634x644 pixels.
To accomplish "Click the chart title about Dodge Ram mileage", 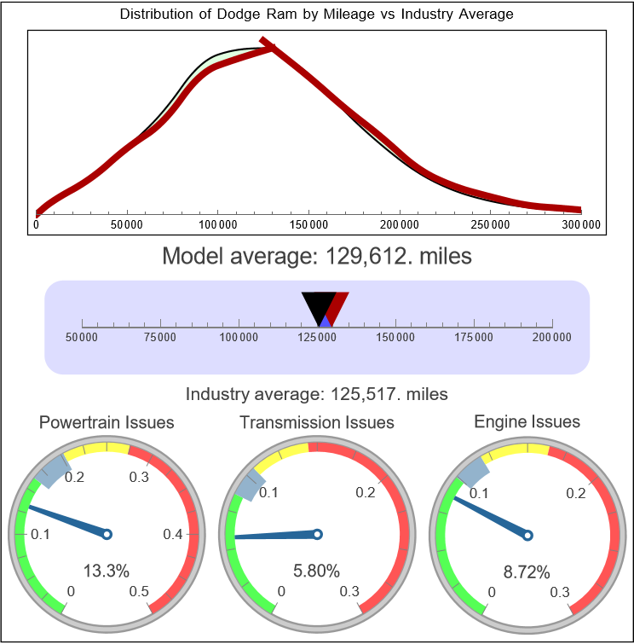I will coord(316,15).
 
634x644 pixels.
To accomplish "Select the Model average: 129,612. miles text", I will coord(316,255).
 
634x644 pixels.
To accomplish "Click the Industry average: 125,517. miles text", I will coord(316,394).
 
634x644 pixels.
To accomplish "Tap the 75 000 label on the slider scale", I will coord(160,338).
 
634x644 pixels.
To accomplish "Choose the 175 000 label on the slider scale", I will coord(474,338).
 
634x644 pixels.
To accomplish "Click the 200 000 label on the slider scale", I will coord(552,338).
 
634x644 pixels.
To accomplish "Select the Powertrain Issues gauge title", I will coord(107,422).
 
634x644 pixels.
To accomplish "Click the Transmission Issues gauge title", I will coord(317,422).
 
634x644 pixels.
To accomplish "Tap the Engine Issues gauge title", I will coord(527,421).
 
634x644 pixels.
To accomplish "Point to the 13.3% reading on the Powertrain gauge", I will coord(107,570).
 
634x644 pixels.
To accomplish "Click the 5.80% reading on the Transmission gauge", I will coord(317,570).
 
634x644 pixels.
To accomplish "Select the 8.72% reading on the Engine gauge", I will coord(527,570).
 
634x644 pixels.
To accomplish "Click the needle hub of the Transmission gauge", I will coord(317,534).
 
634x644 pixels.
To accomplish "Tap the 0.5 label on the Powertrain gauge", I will coord(140,591).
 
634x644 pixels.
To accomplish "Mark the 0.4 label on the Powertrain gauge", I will coord(172,535).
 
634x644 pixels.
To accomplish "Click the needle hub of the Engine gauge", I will coord(527,535).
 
